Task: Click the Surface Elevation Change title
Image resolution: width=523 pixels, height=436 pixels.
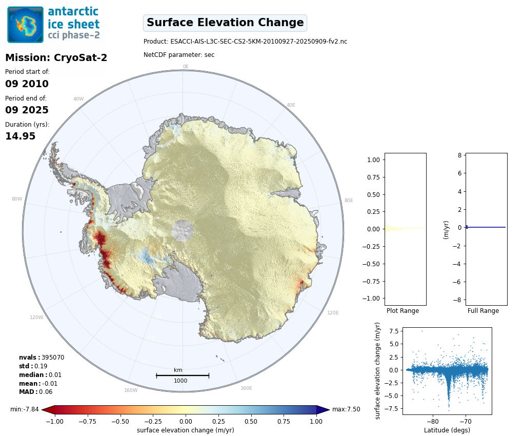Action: click(x=225, y=23)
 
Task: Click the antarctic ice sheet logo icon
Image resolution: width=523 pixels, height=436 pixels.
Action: click(x=26, y=25)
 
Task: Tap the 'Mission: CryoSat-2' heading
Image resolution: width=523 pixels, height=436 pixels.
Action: click(x=56, y=58)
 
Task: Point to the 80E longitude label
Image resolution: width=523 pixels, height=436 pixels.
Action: click(x=348, y=201)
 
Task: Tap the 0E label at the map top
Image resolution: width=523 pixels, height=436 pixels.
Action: click(x=186, y=67)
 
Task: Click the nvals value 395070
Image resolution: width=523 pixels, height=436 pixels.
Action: click(x=53, y=358)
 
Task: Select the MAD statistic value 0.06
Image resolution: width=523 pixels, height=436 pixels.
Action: click(x=46, y=392)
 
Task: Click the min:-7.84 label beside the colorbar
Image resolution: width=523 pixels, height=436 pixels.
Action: click(x=25, y=409)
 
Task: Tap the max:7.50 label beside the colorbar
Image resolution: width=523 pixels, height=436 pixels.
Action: click(x=346, y=409)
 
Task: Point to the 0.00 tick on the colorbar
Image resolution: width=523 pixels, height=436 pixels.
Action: click(x=186, y=421)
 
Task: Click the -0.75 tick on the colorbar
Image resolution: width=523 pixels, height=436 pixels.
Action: click(x=88, y=421)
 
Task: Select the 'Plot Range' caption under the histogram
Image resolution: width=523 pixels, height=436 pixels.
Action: click(x=403, y=311)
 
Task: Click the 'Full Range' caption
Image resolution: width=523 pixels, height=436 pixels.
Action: click(x=483, y=311)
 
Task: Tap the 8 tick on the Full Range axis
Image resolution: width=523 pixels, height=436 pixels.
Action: click(x=460, y=155)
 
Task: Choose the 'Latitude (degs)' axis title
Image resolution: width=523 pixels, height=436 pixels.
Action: click(x=447, y=430)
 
